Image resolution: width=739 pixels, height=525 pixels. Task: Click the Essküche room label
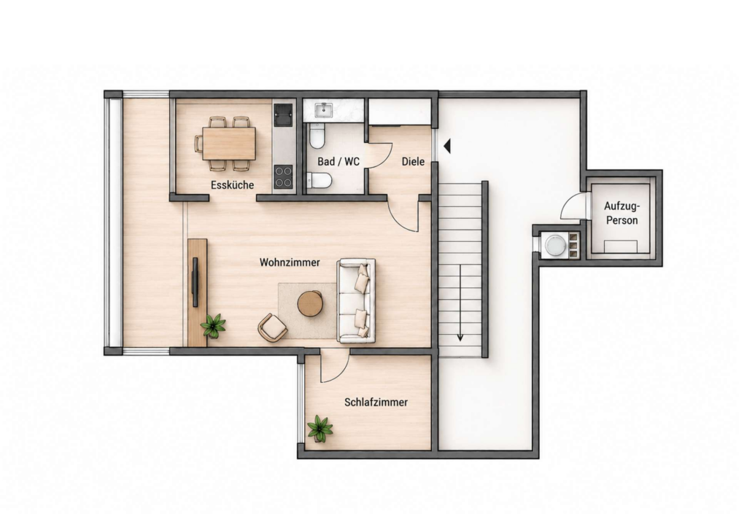(232, 184)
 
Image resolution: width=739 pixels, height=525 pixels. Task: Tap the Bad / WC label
(338, 162)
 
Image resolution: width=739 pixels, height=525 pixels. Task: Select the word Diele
(413, 162)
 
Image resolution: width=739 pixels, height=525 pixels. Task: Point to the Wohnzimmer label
(290, 262)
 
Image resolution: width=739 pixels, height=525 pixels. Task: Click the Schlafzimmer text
(376, 402)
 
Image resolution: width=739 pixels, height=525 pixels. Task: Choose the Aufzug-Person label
(622, 213)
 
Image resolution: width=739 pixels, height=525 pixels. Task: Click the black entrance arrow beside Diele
(447, 146)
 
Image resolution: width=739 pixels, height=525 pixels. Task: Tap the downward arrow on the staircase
(460, 303)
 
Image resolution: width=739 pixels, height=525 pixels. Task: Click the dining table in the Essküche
(229, 143)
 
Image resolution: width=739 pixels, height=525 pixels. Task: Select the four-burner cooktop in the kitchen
(283, 176)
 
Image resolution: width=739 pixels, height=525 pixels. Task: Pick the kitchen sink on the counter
(283, 115)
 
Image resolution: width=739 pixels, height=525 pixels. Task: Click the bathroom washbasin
(325, 110)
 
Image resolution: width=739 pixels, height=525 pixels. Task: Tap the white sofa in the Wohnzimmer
(356, 300)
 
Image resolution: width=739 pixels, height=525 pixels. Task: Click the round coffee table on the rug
(310, 303)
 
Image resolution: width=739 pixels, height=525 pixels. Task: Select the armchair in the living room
(272, 327)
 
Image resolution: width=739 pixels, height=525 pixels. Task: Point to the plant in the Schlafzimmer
(320, 429)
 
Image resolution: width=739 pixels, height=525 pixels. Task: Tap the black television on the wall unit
(195, 282)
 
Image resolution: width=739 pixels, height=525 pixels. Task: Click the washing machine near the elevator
(554, 245)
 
